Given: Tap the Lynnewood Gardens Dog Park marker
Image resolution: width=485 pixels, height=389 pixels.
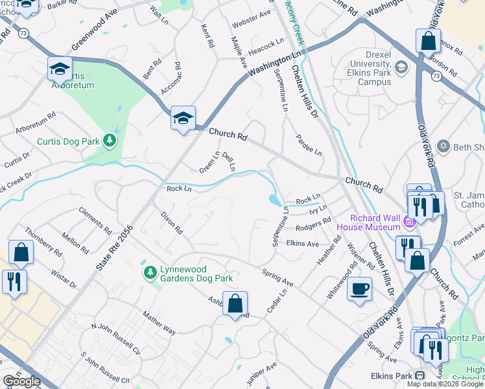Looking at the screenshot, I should pyautogui.click(x=150, y=271).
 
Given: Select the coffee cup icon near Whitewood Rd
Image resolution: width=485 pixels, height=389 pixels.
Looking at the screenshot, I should pyautogui.click(x=359, y=289).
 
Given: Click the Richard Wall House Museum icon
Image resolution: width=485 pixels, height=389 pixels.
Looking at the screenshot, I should pyautogui.click(x=408, y=223).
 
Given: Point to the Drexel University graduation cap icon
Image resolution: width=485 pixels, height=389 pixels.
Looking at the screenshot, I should pyautogui.click(x=401, y=67).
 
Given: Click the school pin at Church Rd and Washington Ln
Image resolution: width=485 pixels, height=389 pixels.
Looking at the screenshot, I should pyautogui.click(x=183, y=119).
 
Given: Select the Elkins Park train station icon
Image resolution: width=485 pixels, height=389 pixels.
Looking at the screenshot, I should pyautogui.click(x=420, y=375).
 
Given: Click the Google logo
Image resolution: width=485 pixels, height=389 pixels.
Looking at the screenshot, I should pyautogui.click(x=21, y=381).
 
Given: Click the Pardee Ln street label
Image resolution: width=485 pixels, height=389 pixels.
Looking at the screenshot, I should pyautogui.click(x=309, y=145).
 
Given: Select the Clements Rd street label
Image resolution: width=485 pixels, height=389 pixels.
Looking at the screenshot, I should pyautogui.click(x=95, y=220).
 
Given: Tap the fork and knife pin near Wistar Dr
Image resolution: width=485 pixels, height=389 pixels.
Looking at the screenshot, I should pyautogui.click(x=14, y=281).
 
